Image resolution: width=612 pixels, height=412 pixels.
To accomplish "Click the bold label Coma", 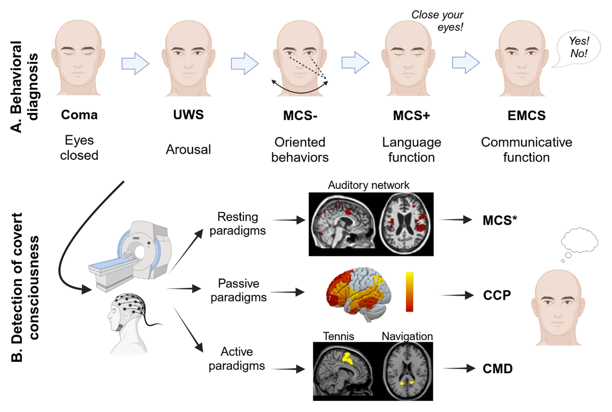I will pos(79,115).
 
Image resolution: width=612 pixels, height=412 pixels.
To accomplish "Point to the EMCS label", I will pos(526,116).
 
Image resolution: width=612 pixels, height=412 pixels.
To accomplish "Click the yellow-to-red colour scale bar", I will pos(410,292).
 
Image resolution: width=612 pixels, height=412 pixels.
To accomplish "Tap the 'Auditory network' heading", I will pos(368,185).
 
